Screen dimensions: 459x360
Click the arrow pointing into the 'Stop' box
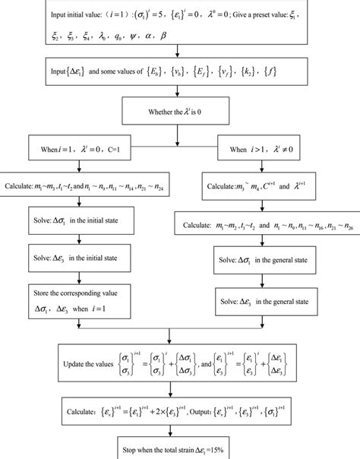tap(177, 431)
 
